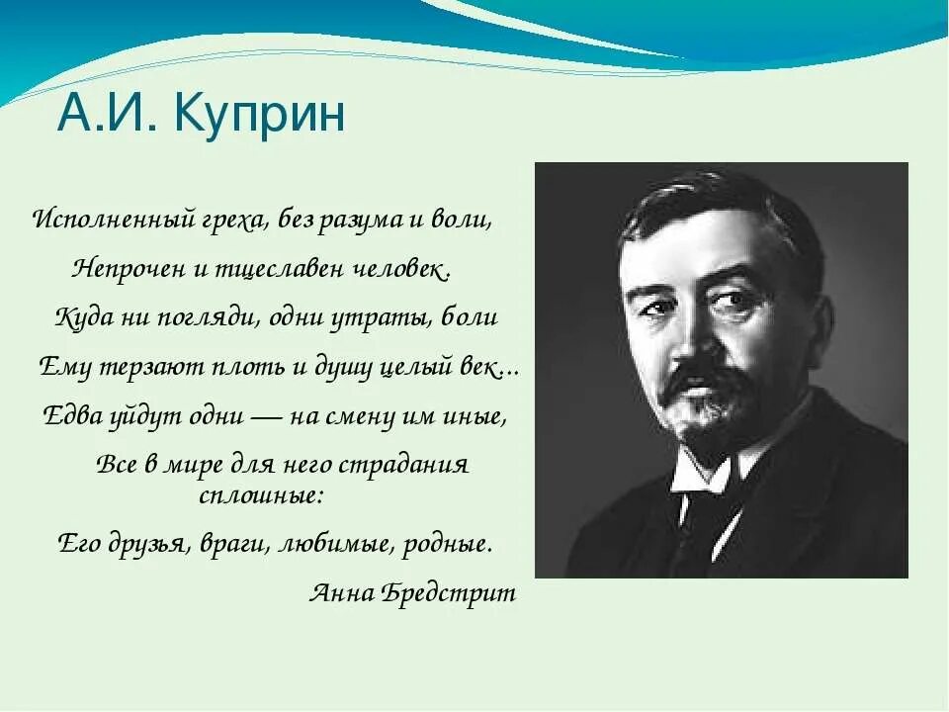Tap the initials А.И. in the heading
(x=110, y=115)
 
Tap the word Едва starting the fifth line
(x=72, y=416)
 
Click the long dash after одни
(x=268, y=417)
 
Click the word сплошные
(x=261, y=493)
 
